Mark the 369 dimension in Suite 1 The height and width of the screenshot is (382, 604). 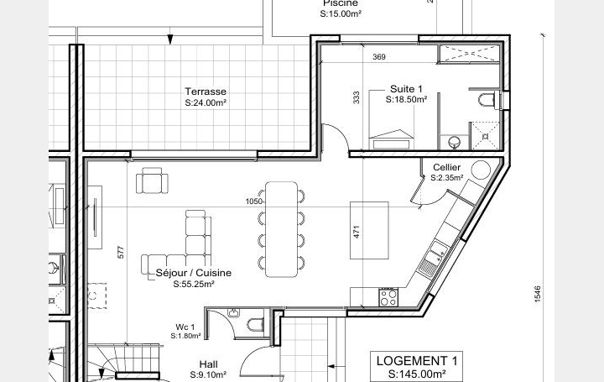pos(378,57)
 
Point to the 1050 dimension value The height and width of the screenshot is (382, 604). pos(254,201)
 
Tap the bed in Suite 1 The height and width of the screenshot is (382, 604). pos(392,136)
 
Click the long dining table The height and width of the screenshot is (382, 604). pos(282,228)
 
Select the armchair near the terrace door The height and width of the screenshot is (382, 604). pos(153,180)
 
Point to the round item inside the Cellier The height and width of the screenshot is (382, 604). pos(480,169)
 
